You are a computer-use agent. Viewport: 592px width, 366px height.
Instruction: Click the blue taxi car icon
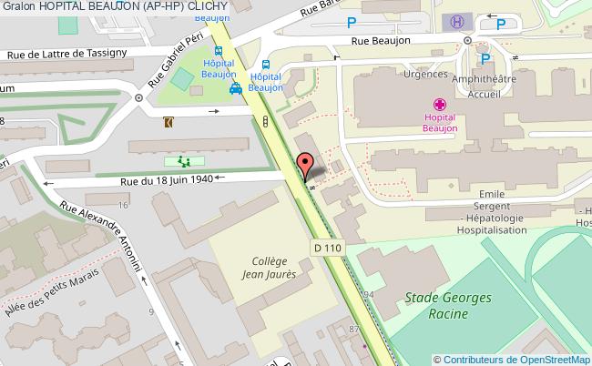[x=236, y=88]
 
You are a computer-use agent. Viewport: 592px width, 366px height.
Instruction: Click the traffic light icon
[x=264, y=120]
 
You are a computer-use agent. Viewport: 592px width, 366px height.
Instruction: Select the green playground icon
[x=183, y=161]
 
